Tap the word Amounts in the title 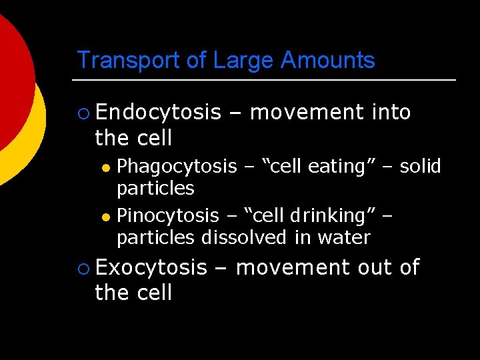327,60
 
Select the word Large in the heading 243,60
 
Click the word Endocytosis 157,113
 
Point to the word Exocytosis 151,267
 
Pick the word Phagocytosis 177,166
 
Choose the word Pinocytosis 168,215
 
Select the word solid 421,166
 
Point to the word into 391,113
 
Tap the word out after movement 375,267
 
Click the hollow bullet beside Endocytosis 83,113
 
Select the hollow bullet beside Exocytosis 83,268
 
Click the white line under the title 267,80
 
